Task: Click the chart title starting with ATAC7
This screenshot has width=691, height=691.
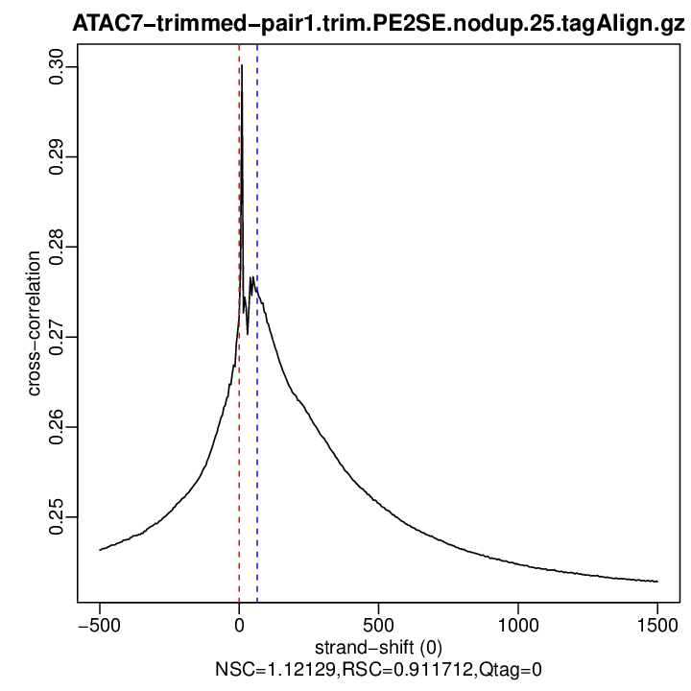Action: coord(378,26)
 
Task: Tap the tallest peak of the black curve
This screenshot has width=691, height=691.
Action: coord(242,66)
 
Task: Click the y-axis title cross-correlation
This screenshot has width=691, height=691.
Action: coord(35,324)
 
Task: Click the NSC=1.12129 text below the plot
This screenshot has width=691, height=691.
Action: coord(264,668)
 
